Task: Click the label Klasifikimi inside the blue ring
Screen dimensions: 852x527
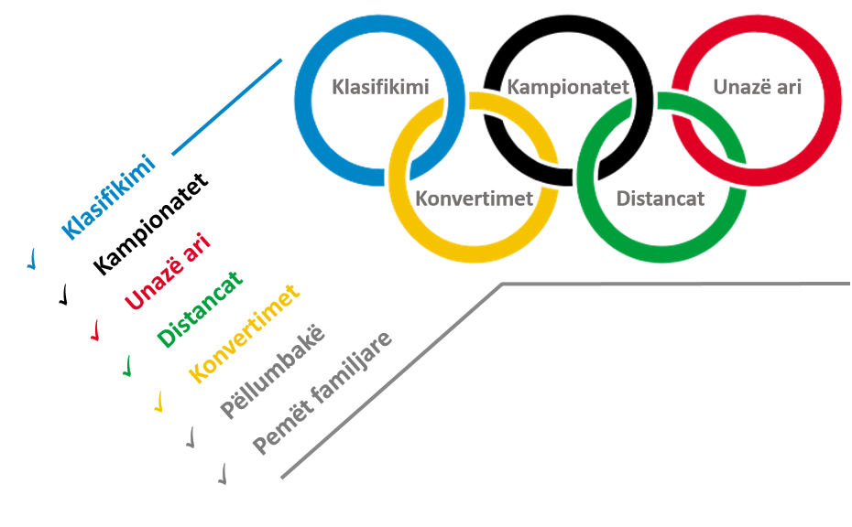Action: (380, 87)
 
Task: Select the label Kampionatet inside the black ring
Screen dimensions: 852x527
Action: (568, 87)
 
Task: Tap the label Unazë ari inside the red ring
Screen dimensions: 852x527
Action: (757, 87)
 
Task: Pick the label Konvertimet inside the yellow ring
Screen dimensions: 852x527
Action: (474, 199)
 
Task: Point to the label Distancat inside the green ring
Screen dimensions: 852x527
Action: (661, 199)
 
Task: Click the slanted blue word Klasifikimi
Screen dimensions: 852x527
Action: (108, 197)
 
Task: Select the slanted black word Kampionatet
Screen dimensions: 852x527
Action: (150, 223)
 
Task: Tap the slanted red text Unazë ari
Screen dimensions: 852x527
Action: (168, 271)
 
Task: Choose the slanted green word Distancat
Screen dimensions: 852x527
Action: (200, 308)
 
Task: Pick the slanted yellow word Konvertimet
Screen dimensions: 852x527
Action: (244, 333)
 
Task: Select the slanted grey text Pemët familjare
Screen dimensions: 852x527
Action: (322, 393)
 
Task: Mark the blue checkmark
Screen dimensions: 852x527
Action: (32, 259)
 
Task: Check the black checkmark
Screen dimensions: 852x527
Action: (64, 295)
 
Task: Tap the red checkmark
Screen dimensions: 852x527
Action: (95, 330)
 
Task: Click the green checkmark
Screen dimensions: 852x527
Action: (127, 366)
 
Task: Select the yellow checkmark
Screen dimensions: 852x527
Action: (158, 402)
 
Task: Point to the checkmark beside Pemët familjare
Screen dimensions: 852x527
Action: (223, 474)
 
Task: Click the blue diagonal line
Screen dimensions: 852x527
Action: (227, 107)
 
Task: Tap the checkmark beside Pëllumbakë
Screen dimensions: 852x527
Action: (191, 437)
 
